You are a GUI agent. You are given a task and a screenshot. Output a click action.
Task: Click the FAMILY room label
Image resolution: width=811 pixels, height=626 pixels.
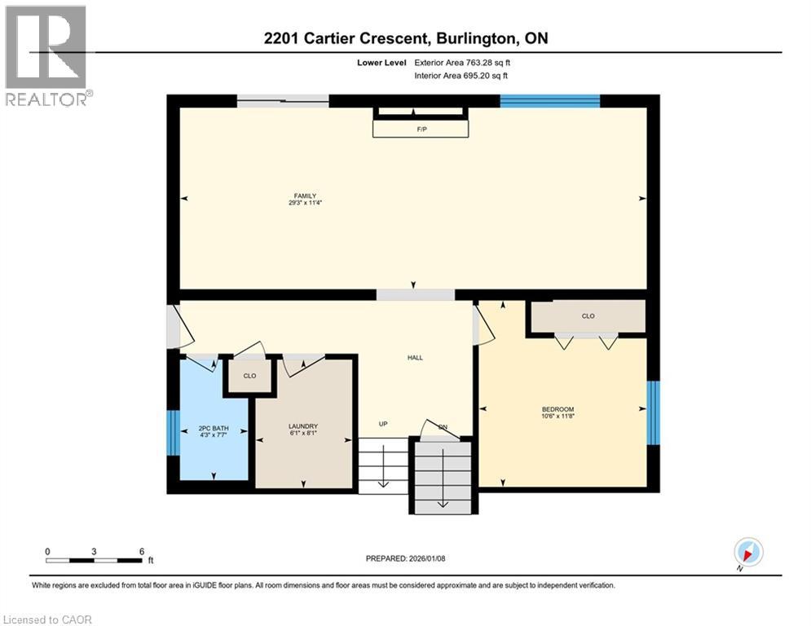click(x=306, y=196)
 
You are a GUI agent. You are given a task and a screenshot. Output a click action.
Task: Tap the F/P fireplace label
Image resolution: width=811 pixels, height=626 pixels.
click(x=421, y=129)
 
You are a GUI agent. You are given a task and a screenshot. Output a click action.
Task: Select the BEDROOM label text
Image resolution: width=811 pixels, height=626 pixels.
click(x=558, y=409)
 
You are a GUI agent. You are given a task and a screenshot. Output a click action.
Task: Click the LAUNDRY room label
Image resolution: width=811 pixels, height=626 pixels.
click(x=302, y=426)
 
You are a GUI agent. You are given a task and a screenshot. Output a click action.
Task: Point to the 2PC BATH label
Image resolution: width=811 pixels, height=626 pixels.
click(x=211, y=427)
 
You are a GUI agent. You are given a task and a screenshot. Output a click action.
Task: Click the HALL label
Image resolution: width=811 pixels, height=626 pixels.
click(x=415, y=357)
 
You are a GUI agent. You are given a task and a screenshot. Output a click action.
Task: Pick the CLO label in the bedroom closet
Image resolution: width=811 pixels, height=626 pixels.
click(x=588, y=315)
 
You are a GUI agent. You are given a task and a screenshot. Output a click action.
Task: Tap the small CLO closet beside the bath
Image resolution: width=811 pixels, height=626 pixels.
click(x=249, y=376)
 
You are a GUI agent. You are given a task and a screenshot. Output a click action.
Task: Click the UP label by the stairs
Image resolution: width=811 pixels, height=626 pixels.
click(x=383, y=424)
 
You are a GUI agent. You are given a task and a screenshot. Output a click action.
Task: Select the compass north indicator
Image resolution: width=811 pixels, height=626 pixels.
click(x=747, y=553)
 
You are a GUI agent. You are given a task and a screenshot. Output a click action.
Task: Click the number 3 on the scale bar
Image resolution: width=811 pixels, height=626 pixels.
click(x=95, y=551)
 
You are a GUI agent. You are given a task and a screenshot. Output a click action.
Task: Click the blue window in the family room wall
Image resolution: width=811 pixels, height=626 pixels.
click(x=549, y=101)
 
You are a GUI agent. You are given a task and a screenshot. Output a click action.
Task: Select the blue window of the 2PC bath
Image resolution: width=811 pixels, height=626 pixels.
click(x=172, y=432)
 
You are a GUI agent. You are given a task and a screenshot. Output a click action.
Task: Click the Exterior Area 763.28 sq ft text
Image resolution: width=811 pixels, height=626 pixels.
click(x=461, y=61)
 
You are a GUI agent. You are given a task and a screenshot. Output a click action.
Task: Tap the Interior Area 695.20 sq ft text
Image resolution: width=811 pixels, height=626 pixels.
click(x=461, y=76)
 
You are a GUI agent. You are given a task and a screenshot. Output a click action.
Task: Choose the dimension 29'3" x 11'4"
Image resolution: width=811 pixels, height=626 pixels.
click(x=306, y=203)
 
